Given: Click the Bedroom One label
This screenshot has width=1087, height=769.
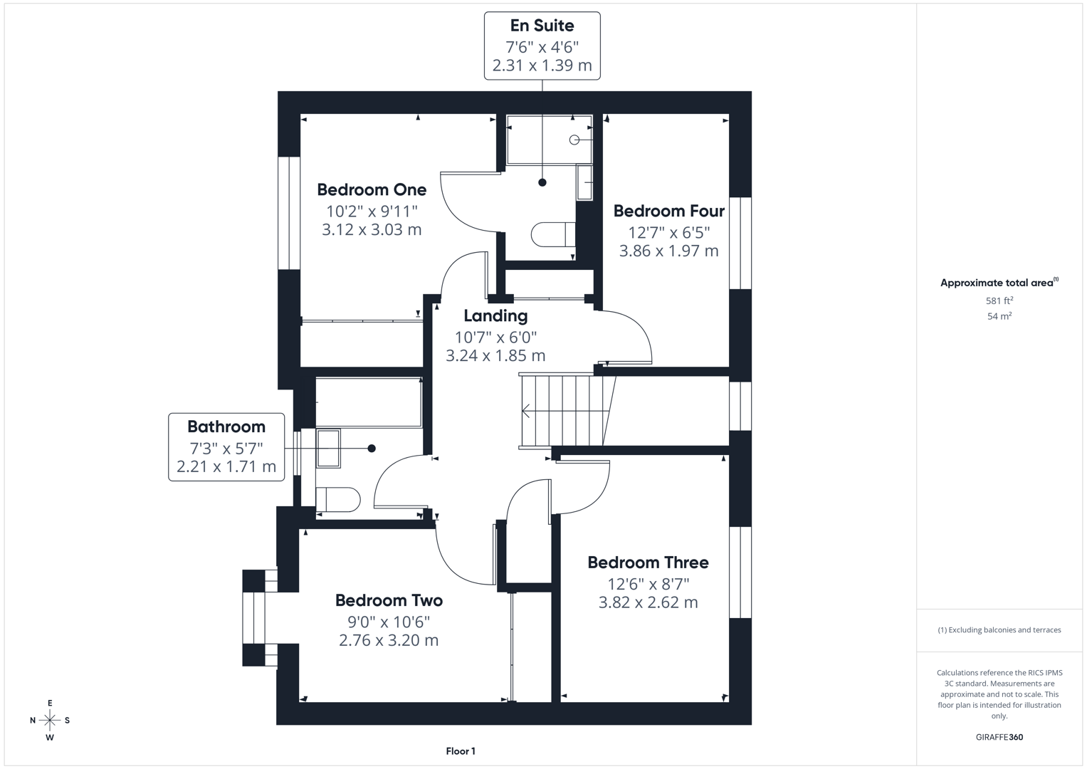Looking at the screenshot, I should point(372,189).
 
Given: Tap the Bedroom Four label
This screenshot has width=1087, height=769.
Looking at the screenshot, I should point(668,211).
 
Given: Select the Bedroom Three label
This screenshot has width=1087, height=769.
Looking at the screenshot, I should point(648,563).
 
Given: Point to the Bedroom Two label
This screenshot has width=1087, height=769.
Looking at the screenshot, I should point(389,600).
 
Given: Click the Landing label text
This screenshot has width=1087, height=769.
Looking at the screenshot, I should point(495,315).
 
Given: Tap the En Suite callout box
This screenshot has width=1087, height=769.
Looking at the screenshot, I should point(542,46).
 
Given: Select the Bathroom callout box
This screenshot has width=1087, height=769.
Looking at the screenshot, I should point(226,446).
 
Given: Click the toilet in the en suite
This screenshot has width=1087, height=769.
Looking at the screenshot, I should point(552,234).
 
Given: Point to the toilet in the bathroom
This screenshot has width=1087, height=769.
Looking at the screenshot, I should point(337,500).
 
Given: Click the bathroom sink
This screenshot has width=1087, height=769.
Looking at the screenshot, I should point(328,448).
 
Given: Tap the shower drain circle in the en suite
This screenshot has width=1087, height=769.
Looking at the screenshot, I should point(574,140).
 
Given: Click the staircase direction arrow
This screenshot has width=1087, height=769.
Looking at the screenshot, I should point(527,411).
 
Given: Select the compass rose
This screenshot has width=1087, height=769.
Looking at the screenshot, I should point(50,721).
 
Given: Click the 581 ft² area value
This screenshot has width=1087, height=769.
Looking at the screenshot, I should point(999,300).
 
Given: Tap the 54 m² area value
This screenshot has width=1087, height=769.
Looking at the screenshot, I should point(999,316).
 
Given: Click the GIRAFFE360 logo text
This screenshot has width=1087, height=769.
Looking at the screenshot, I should point(999,737).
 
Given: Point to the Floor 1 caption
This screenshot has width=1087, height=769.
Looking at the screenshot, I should point(461,751).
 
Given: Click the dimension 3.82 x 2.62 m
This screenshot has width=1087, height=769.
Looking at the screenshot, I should point(648,602).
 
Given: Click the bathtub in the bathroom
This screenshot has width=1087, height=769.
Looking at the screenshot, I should point(368,403).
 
